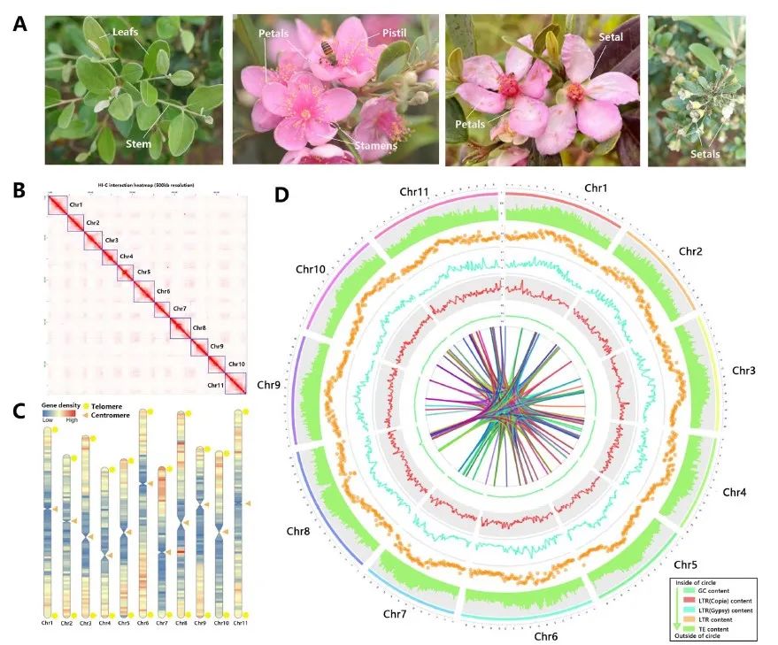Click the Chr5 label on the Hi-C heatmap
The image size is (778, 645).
pyautogui.click(x=143, y=272)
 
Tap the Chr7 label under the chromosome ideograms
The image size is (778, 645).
pyautogui.click(x=162, y=623)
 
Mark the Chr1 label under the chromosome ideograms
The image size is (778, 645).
pyautogui.click(x=47, y=623)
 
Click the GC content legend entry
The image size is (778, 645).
pyautogui.click(x=715, y=590)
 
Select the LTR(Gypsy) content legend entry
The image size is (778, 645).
pyautogui.click(x=726, y=610)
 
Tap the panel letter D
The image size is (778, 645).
pyautogui.click(x=282, y=192)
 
